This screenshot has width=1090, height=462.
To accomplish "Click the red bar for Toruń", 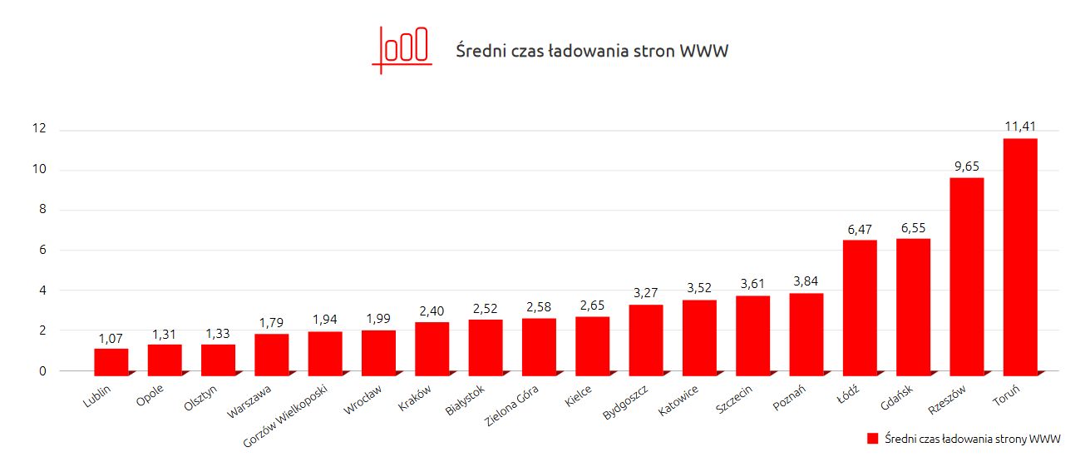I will pos(1020,255).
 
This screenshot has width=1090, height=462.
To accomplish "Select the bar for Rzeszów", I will pos(967,275).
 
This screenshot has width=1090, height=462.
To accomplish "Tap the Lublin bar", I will pos(111,360).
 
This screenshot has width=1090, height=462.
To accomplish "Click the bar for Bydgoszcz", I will pos(646,338).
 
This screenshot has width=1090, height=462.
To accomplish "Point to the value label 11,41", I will pos(1019,126).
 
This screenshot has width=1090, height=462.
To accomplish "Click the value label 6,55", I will pos(913,227).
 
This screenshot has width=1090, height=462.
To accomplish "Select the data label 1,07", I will pos(111,338).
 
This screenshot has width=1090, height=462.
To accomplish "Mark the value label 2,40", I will pos(432,310).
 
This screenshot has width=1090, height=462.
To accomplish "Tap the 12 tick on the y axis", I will pos(38,129).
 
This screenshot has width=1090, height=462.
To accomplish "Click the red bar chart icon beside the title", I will pos(402,48).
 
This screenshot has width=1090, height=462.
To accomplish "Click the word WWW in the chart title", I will pos(704,52).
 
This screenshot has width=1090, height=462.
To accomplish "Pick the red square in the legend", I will pos(872,438).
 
